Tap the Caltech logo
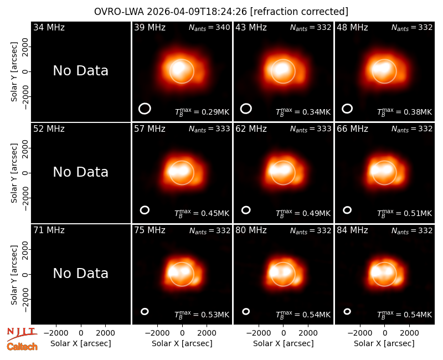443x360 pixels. [x=22, y=347]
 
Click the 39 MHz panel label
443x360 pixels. [x=150, y=27]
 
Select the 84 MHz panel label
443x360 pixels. [x=352, y=230]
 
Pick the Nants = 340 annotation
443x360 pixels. [x=209, y=28]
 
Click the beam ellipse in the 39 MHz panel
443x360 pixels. [x=145, y=109]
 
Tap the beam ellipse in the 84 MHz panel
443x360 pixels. [x=347, y=311]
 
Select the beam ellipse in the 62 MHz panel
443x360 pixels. [x=246, y=210]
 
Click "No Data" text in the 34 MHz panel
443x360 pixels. [x=80, y=71]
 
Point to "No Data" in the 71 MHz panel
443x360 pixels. [x=80, y=274]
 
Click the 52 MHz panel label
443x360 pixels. [x=49, y=129]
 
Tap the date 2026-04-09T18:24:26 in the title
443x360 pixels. [x=197, y=12]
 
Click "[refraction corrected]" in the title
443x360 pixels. [x=299, y=12]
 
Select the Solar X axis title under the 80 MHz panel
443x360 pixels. [x=284, y=343]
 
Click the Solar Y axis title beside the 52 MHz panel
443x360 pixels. [x=14, y=173]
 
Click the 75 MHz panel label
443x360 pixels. [x=150, y=230]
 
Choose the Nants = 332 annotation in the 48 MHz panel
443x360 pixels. [x=412, y=28]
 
